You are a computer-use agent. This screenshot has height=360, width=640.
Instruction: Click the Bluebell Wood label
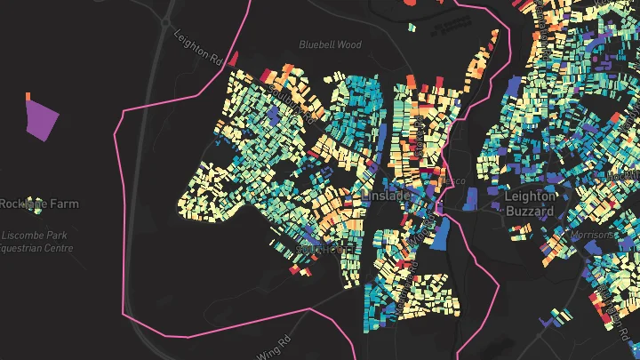coord(330,44)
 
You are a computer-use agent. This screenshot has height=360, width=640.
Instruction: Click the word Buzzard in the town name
coord(530,212)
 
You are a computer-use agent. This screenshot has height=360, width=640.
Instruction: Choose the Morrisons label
coord(591,235)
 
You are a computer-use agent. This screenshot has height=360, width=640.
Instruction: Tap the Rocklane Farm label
coord(39,204)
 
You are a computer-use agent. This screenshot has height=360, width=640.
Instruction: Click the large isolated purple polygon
coord(42,119)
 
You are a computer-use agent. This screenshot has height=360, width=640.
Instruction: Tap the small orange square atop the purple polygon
coord(28,96)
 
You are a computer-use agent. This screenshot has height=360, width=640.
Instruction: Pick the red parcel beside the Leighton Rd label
coord(233,60)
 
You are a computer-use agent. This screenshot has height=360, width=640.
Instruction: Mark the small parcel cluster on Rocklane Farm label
coord(35,204)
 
